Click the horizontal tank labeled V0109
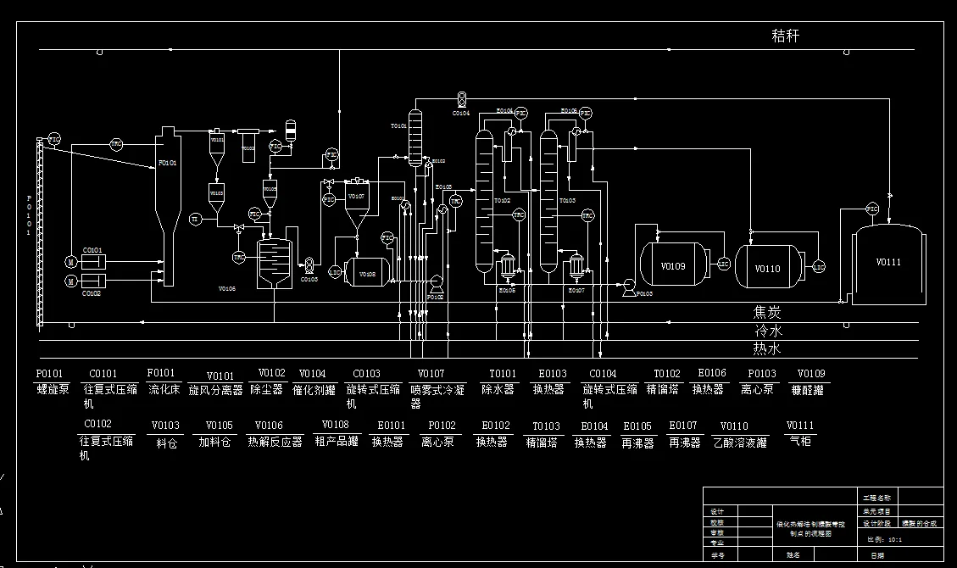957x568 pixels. click(673, 265)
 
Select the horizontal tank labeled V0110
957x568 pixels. click(768, 268)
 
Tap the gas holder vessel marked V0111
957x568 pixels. click(887, 263)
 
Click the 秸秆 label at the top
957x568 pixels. click(785, 36)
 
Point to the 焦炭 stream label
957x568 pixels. click(767, 313)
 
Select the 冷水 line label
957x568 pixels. click(767, 331)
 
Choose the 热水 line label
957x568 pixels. click(767, 348)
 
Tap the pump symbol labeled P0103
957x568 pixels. click(629, 286)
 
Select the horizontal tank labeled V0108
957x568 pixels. click(367, 273)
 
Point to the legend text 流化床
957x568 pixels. click(163, 389)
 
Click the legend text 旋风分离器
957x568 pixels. click(215, 391)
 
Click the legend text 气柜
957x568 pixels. click(799, 441)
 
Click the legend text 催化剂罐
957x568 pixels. click(314, 390)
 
